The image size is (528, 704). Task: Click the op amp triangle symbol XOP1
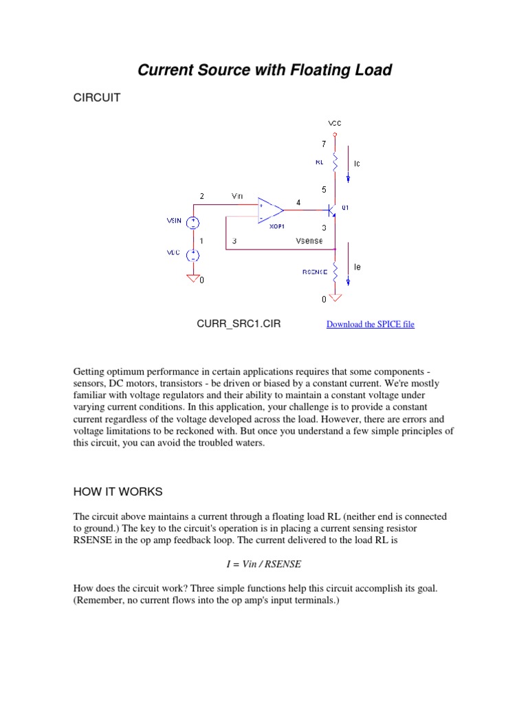tap(270, 210)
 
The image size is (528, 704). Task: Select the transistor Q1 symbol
tap(333, 210)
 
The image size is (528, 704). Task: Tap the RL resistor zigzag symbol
tap(335, 162)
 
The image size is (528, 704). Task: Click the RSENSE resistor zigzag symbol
tap(335, 271)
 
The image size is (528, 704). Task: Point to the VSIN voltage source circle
tap(194, 221)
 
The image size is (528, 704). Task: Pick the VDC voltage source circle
tap(194, 254)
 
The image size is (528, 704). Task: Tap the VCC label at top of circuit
tap(335, 123)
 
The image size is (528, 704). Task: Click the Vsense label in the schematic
tap(309, 241)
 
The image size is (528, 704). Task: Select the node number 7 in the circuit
tap(324, 145)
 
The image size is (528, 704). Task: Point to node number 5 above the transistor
tap(324, 188)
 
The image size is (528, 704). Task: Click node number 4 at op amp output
tap(298, 202)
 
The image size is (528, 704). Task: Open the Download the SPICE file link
tap(370, 324)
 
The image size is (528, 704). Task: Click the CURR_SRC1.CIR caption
tap(239, 324)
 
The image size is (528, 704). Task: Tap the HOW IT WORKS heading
tap(118, 492)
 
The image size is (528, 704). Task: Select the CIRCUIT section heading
tap(96, 98)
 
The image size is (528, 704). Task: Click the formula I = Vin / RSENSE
tap(264, 564)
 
